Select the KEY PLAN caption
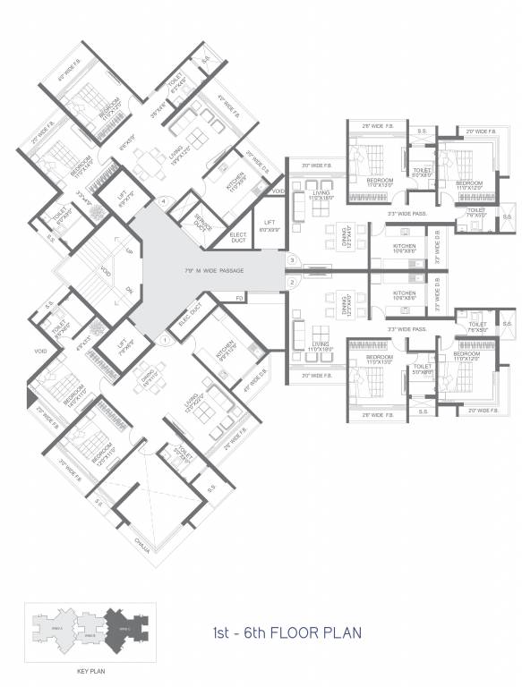81,668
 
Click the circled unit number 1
165,339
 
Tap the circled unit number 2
292,283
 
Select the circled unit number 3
292,260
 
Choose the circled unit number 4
164,201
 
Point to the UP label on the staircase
129,252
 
